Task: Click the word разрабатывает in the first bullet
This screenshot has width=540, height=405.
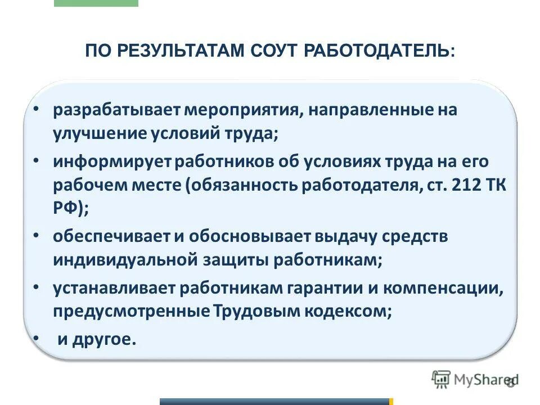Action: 116,110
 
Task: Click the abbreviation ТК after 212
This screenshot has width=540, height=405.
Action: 494,186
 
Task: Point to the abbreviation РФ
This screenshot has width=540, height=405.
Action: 66,209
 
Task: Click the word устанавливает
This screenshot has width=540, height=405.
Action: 115,289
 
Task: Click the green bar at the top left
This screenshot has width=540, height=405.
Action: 96,3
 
